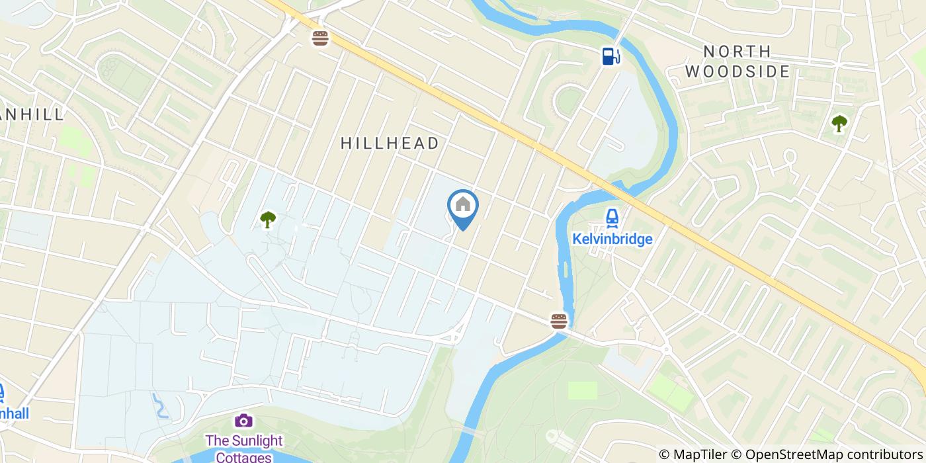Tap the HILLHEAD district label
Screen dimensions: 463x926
point(390,143)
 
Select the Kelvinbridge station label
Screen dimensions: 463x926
point(612,239)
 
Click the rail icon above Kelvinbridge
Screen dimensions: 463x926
point(612,217)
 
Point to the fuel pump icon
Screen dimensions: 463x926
point(610,56)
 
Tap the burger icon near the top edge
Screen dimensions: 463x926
point(321,38)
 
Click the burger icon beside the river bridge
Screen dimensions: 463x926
point(559,321)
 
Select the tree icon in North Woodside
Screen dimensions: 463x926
point(839,123)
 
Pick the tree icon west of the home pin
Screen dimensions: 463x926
point(268,219)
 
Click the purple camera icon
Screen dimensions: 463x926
point(243,420)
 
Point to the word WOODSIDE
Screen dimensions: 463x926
point(737,71)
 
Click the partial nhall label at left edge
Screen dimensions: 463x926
point(15,413)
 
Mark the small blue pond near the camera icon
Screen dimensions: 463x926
point(160,405)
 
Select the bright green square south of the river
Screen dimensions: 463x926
point(582,390)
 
